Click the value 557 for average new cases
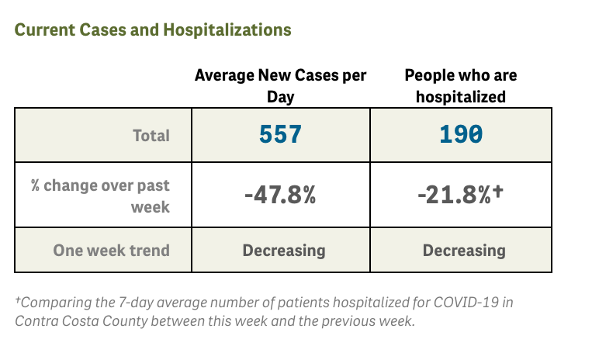(279, 135)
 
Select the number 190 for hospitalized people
(461, 135)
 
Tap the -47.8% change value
(279, 196)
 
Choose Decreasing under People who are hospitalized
(464, 251)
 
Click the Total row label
(151, 135)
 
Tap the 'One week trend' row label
(111, 251)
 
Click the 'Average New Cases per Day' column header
(280, 85)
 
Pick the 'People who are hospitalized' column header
(461, 85)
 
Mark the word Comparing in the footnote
(53, 303)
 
